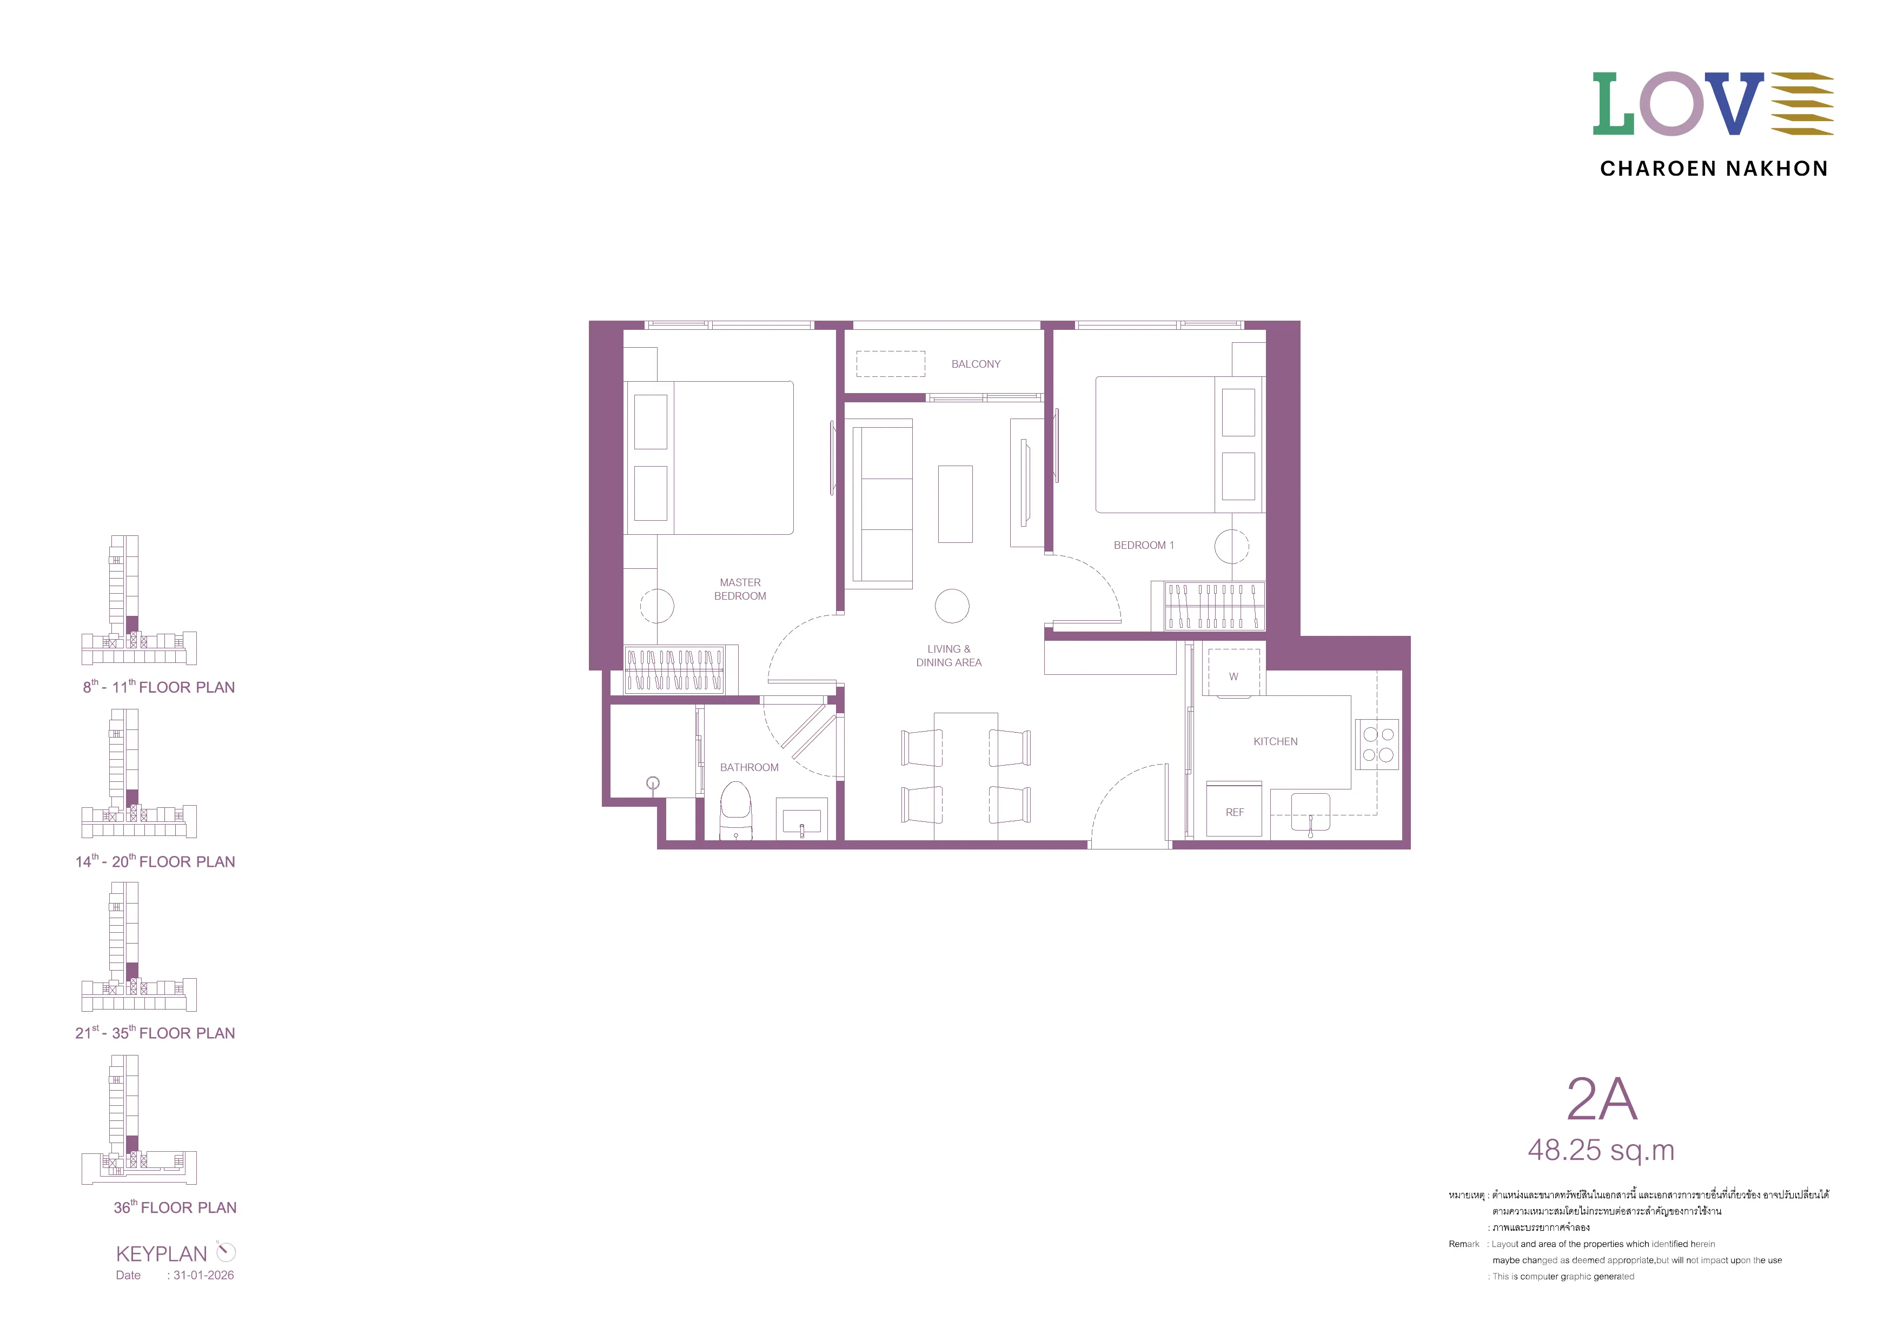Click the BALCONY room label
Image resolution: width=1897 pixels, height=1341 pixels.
(975, 364)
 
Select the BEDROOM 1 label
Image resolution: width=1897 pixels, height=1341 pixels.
(1144, 546)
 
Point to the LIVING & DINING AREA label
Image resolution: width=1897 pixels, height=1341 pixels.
(949, 656)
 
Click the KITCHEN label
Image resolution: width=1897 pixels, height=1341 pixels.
(1275, 742)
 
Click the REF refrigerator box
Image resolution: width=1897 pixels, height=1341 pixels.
(1235, 809)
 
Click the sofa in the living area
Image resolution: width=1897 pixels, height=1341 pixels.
(883, 504)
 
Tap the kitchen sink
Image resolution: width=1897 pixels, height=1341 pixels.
(1310, 812)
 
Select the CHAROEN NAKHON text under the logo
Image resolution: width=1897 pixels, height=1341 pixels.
(1714, 169)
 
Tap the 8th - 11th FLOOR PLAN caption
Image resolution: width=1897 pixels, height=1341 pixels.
(158, 687)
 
